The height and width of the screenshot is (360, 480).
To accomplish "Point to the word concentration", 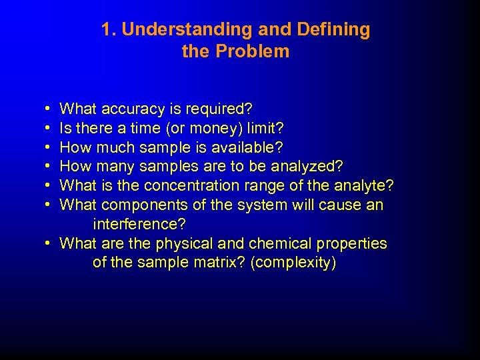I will (x=185, y=185).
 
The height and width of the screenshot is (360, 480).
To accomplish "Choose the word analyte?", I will (x=364, y=185).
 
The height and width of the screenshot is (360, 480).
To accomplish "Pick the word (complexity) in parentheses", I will (x=293, y=263).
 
